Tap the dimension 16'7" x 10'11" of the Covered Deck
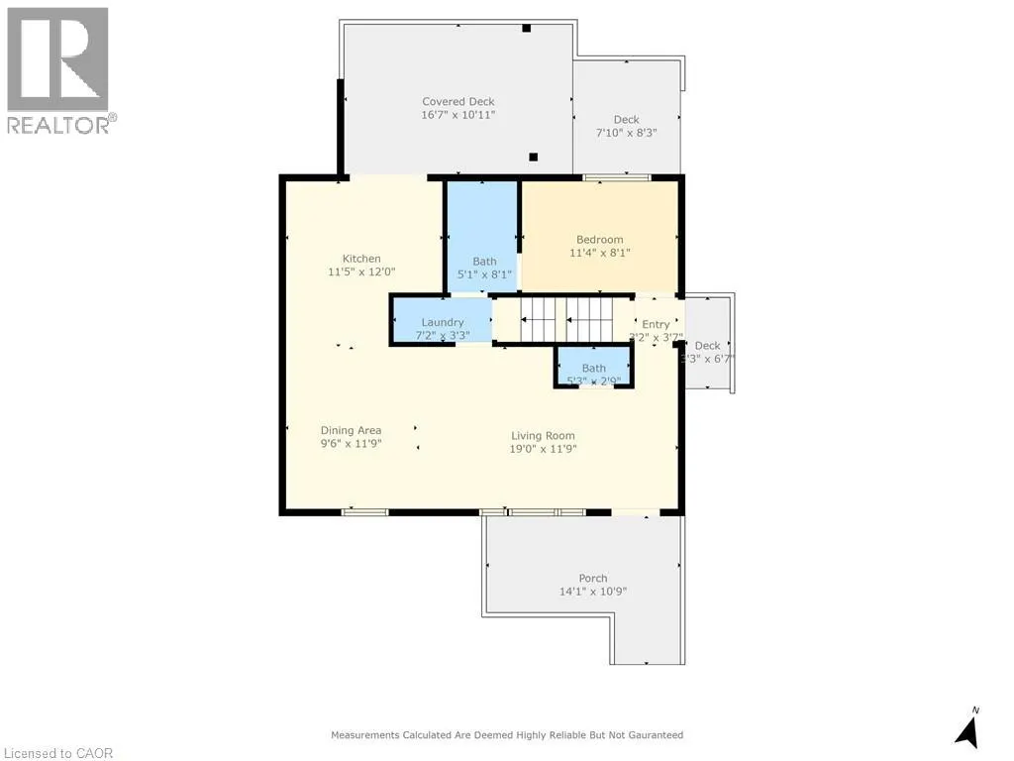click(x=457, y=115)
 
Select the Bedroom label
click(x=600, y=239)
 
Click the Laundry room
click(x=442, y=323)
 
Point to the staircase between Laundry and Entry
click(x=565, y=320)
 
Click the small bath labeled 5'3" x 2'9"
click(x=593, y=369)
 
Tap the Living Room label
click(x=543, y=435)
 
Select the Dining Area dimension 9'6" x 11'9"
click(x=351, y=444)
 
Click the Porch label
click(x=593, y=578)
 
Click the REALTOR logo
click(x=58, y=69)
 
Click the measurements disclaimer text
click(x=506, y=735)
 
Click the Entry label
click(x=656, y=324)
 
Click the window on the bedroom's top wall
click(x=616, y=177)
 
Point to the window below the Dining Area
click(x=364, y=511)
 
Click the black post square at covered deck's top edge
click(x=528, y=28)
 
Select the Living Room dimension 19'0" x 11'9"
click(x=543, y=449)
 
